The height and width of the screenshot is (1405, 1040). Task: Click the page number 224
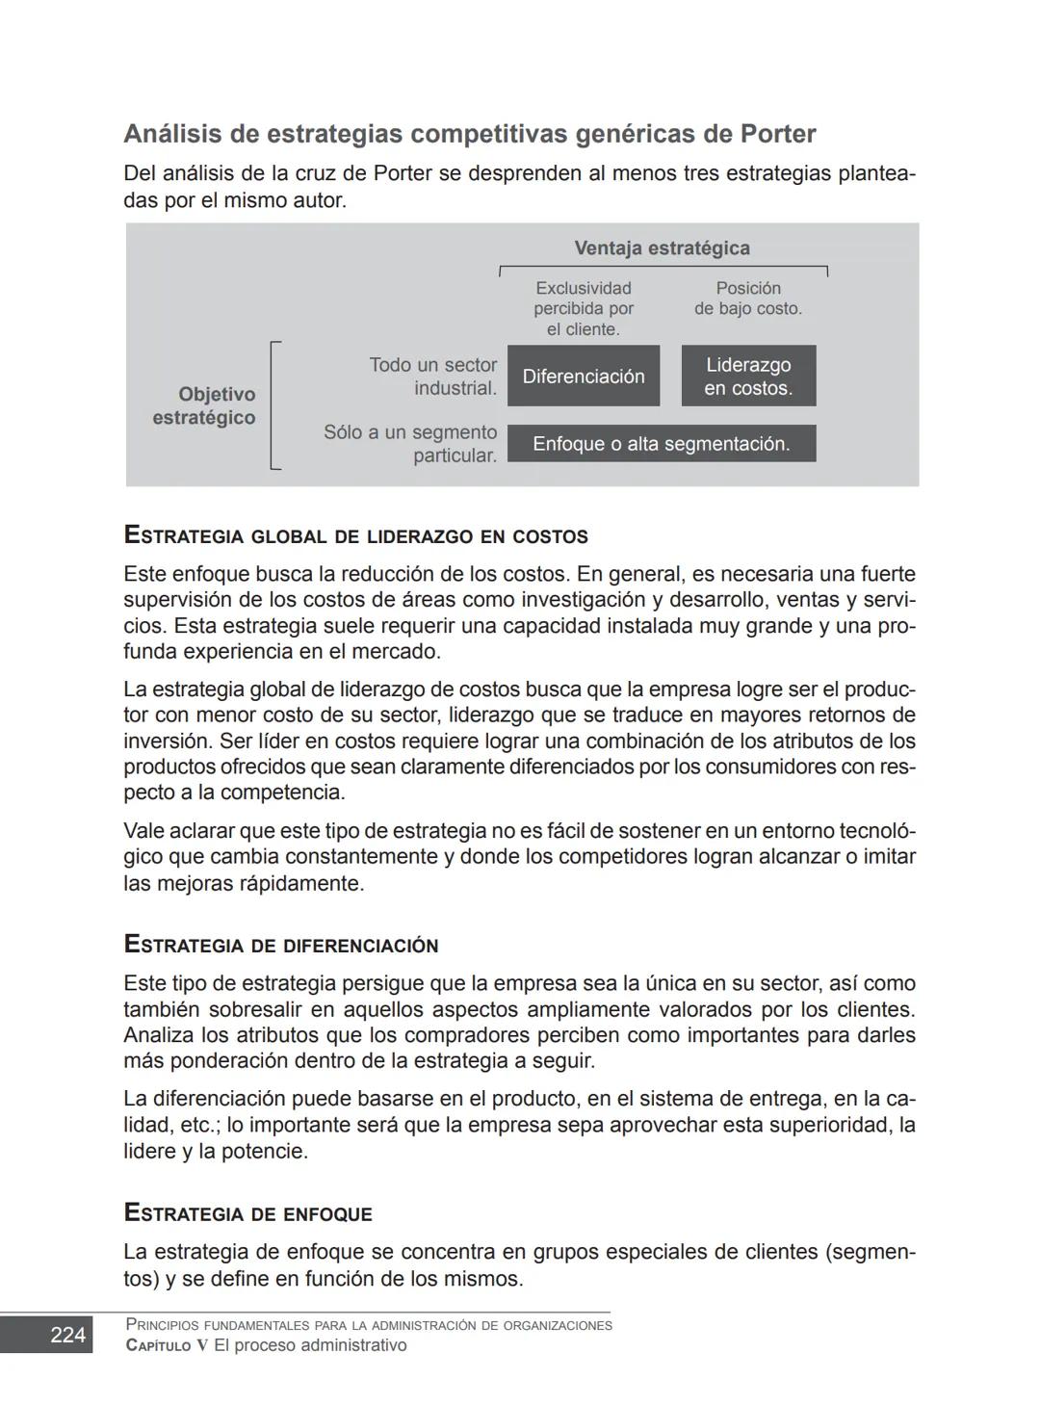[x=67, y=1335]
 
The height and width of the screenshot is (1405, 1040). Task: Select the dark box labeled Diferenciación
[x=584, y=377]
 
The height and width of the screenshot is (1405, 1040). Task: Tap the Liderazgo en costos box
[x=748, y=377]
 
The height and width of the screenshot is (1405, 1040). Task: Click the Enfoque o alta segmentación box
[x=662, y=444]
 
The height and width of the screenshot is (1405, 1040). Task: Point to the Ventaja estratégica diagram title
[x=662, y=248]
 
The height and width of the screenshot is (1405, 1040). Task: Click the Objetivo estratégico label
[x=204, y=406]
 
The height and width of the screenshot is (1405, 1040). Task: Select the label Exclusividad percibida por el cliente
[x=584, y=309]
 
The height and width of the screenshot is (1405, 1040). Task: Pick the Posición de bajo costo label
[x=748, y=299]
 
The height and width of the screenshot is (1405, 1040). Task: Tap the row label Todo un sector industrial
[x=433, y=377]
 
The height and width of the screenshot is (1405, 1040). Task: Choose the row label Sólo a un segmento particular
[x=411, y=444]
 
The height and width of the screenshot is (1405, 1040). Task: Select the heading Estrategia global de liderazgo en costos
[x=355, y=535]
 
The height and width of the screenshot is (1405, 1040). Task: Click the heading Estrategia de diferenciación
[x=281, y=945]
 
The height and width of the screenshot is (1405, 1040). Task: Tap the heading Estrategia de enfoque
[x=248, y=1213]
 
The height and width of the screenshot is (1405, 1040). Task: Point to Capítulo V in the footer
[x=167, y=1346]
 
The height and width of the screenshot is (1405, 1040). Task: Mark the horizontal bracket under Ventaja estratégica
[x=663, y=268]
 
